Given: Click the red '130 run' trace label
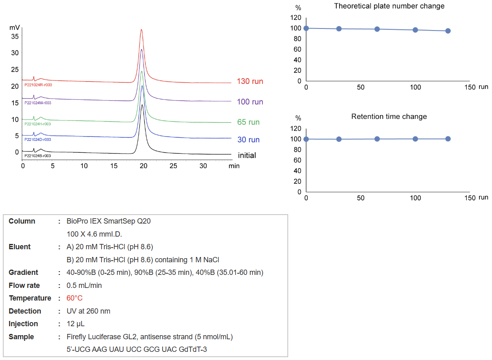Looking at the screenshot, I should pos(250,81).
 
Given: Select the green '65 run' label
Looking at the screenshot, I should pos(248,122).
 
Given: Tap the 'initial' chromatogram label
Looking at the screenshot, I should pos(247,156).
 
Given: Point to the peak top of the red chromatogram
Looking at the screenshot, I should pos(141,30).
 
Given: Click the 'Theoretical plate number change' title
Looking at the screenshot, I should pos(389,6).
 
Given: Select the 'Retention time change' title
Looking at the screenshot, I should pos(389,117).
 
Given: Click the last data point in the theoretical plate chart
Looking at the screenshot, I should pos(448,31).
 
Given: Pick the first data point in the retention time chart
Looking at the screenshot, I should pos(306,139).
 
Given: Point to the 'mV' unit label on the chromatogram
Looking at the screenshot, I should pos(15,28).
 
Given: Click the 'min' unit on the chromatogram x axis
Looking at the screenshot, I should pos(234,166).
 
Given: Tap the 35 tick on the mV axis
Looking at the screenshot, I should pos(15,36).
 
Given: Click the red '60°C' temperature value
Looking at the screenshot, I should pos(75,298).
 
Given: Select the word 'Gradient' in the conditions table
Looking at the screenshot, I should pos(23,272).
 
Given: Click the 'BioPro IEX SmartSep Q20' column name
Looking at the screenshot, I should pos(108,221).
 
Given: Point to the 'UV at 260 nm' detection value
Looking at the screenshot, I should pos(88,311).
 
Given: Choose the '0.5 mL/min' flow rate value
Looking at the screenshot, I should pos(84,285).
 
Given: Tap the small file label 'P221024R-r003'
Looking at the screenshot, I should pos(38,85).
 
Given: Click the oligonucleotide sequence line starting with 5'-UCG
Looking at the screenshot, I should pos(137,349).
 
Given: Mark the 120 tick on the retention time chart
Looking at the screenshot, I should pos(297,128).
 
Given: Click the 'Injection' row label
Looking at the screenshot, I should pos(23,324).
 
